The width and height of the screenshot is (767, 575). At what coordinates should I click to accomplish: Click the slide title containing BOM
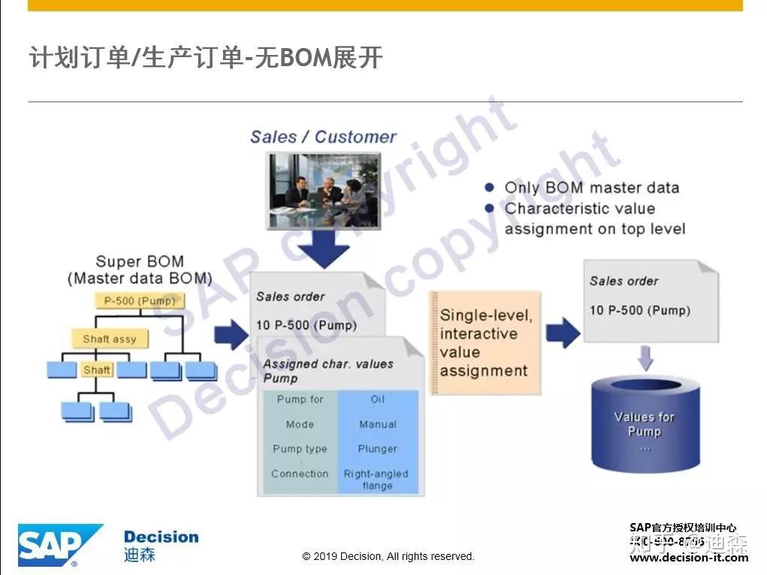pos(206,57)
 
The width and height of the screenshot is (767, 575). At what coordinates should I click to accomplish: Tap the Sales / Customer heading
pos(323,137)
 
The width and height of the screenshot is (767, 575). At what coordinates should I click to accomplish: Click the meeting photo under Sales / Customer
pos(322,189)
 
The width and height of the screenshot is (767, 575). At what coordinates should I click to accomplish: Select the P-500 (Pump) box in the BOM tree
pos(140,301)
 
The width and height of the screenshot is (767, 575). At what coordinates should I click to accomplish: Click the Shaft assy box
pos(110,339)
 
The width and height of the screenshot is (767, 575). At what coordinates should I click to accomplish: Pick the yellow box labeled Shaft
pos(97,370)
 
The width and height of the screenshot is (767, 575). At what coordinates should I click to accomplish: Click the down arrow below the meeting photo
pos(322,249)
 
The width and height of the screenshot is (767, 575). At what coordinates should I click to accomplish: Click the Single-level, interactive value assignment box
pos(485,343)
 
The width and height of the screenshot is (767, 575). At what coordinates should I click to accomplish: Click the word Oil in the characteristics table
pos(377,399)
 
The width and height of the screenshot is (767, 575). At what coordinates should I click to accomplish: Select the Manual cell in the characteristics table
pos(377,424)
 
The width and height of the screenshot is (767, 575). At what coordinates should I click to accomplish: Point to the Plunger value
pos(377,449)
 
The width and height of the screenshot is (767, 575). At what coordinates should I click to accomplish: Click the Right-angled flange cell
pos(376,480)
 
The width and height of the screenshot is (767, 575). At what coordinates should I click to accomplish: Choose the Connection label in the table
pos(300,474)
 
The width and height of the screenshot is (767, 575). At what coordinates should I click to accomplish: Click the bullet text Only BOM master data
pos(591,188)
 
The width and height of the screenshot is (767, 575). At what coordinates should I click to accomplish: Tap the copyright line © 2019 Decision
pos(388,556)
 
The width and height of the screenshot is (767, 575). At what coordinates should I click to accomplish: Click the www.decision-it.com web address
pos(689,558)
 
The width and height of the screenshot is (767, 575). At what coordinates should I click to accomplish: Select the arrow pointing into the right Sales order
pos(562,331)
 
